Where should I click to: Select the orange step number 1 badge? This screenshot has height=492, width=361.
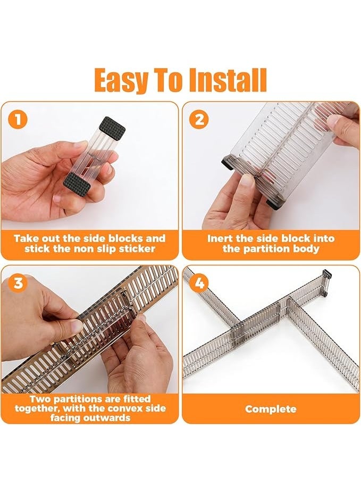click(18, 120)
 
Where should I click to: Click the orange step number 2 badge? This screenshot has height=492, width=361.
click(199, 120)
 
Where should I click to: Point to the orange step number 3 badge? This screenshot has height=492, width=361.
click(18, 283)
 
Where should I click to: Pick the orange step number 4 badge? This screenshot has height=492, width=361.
click(199, 283)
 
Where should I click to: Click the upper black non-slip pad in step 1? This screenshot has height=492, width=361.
click(112, 128)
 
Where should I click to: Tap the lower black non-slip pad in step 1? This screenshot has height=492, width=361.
click(77, 184)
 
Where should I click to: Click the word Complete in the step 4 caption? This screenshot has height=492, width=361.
click(271, 409)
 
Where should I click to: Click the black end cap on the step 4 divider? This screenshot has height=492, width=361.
click(326, 276)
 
